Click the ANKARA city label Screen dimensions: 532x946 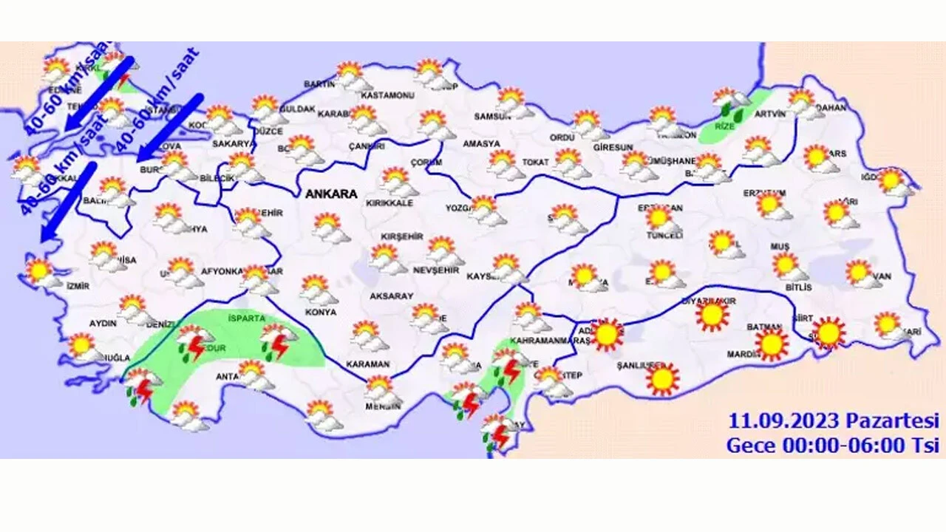point(330,194)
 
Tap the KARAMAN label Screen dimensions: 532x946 point(368,364)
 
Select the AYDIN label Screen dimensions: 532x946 point(103,324)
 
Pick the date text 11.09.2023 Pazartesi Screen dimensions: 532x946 point(833,421)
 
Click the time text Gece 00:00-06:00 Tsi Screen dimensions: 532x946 point(832,446)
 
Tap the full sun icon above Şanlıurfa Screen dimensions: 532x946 point(662,379)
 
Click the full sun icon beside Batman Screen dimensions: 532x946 point(772,344)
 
